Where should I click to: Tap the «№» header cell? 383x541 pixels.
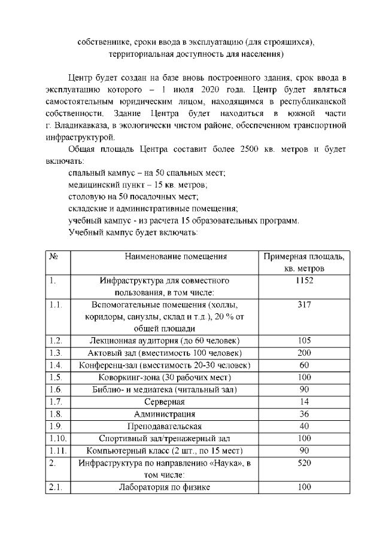[x=53, y=256]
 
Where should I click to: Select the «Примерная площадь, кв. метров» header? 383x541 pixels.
[x=304, y=262]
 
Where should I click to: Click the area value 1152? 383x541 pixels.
[x=304, y=280]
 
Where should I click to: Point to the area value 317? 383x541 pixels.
[x=304, y=304]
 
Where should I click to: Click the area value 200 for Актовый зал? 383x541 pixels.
[x=304, y=353]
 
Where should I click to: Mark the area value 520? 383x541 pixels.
[x=304, y=463]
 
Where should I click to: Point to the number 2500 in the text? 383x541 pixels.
[x=251, y=148]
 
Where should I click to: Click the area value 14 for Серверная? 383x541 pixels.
[x=304, y=401]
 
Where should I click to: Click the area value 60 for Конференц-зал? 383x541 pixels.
[x=304, y=365]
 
